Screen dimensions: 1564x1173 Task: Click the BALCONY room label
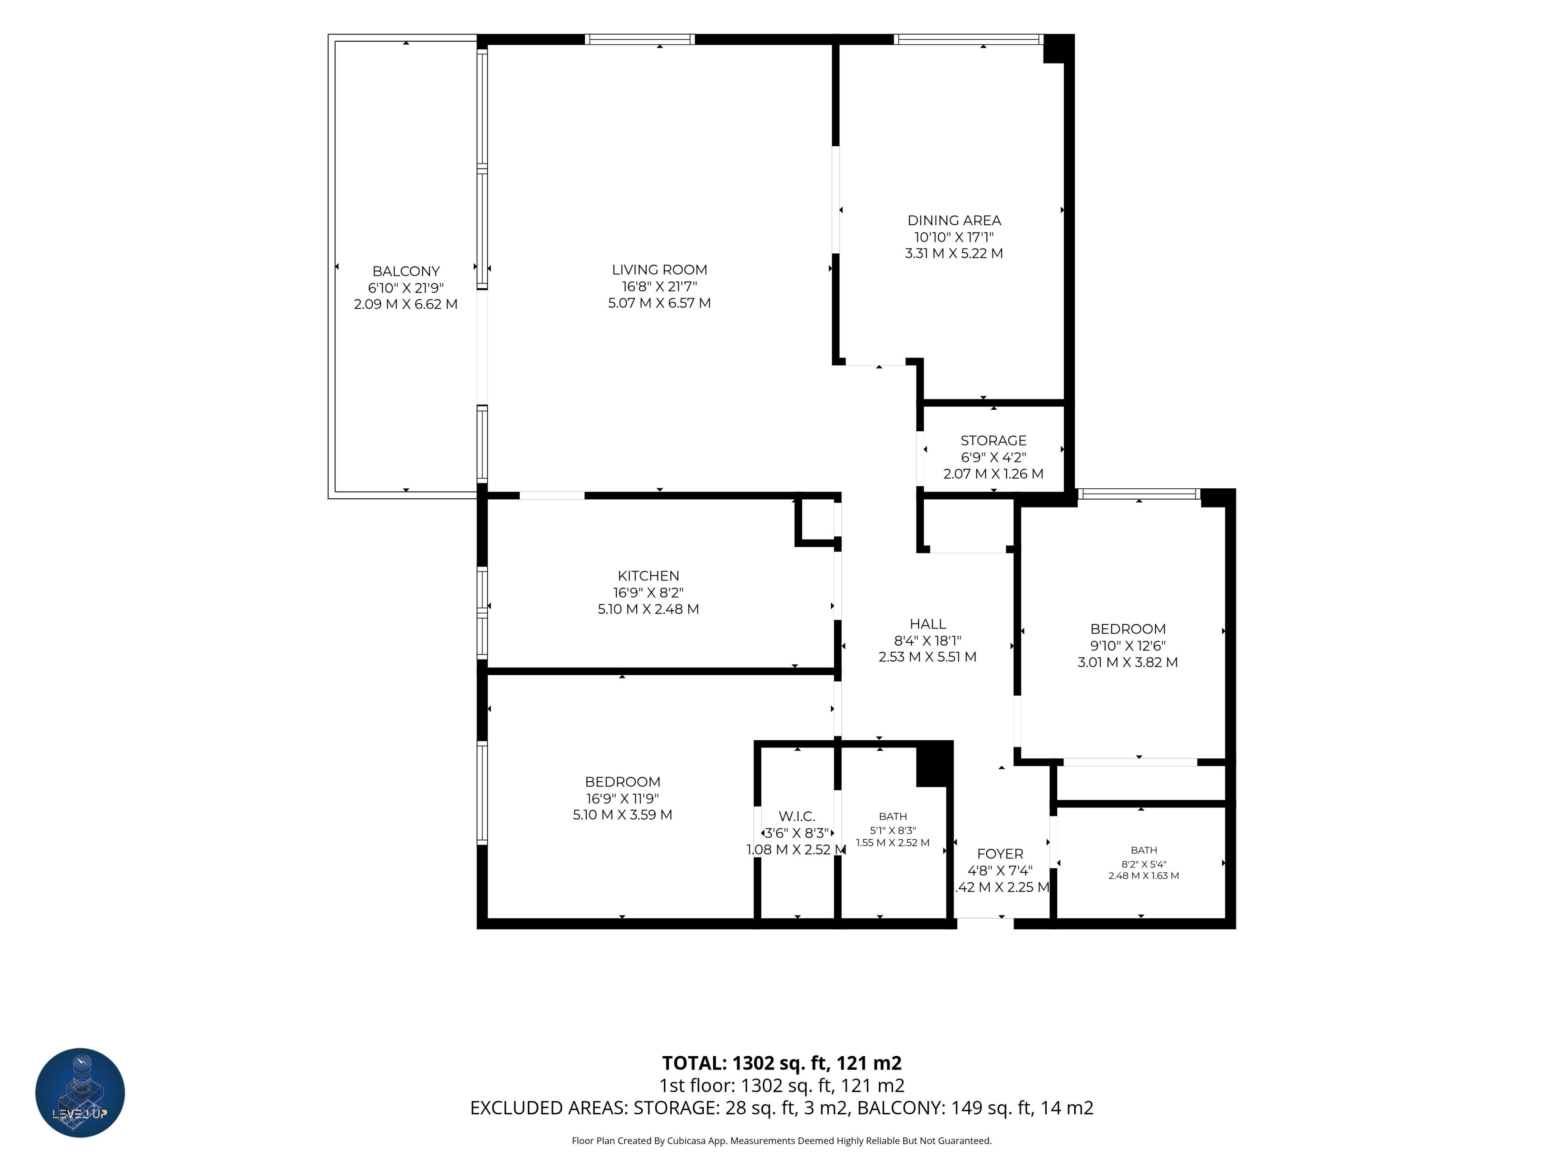point(406,272)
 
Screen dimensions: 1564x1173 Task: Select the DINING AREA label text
point(954,221)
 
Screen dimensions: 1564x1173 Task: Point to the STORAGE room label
point(993,441)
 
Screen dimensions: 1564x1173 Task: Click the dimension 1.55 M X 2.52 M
point(892,843)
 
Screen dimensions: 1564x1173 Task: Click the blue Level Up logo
point(80,1092)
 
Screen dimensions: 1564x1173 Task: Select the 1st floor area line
point(781,1086)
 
